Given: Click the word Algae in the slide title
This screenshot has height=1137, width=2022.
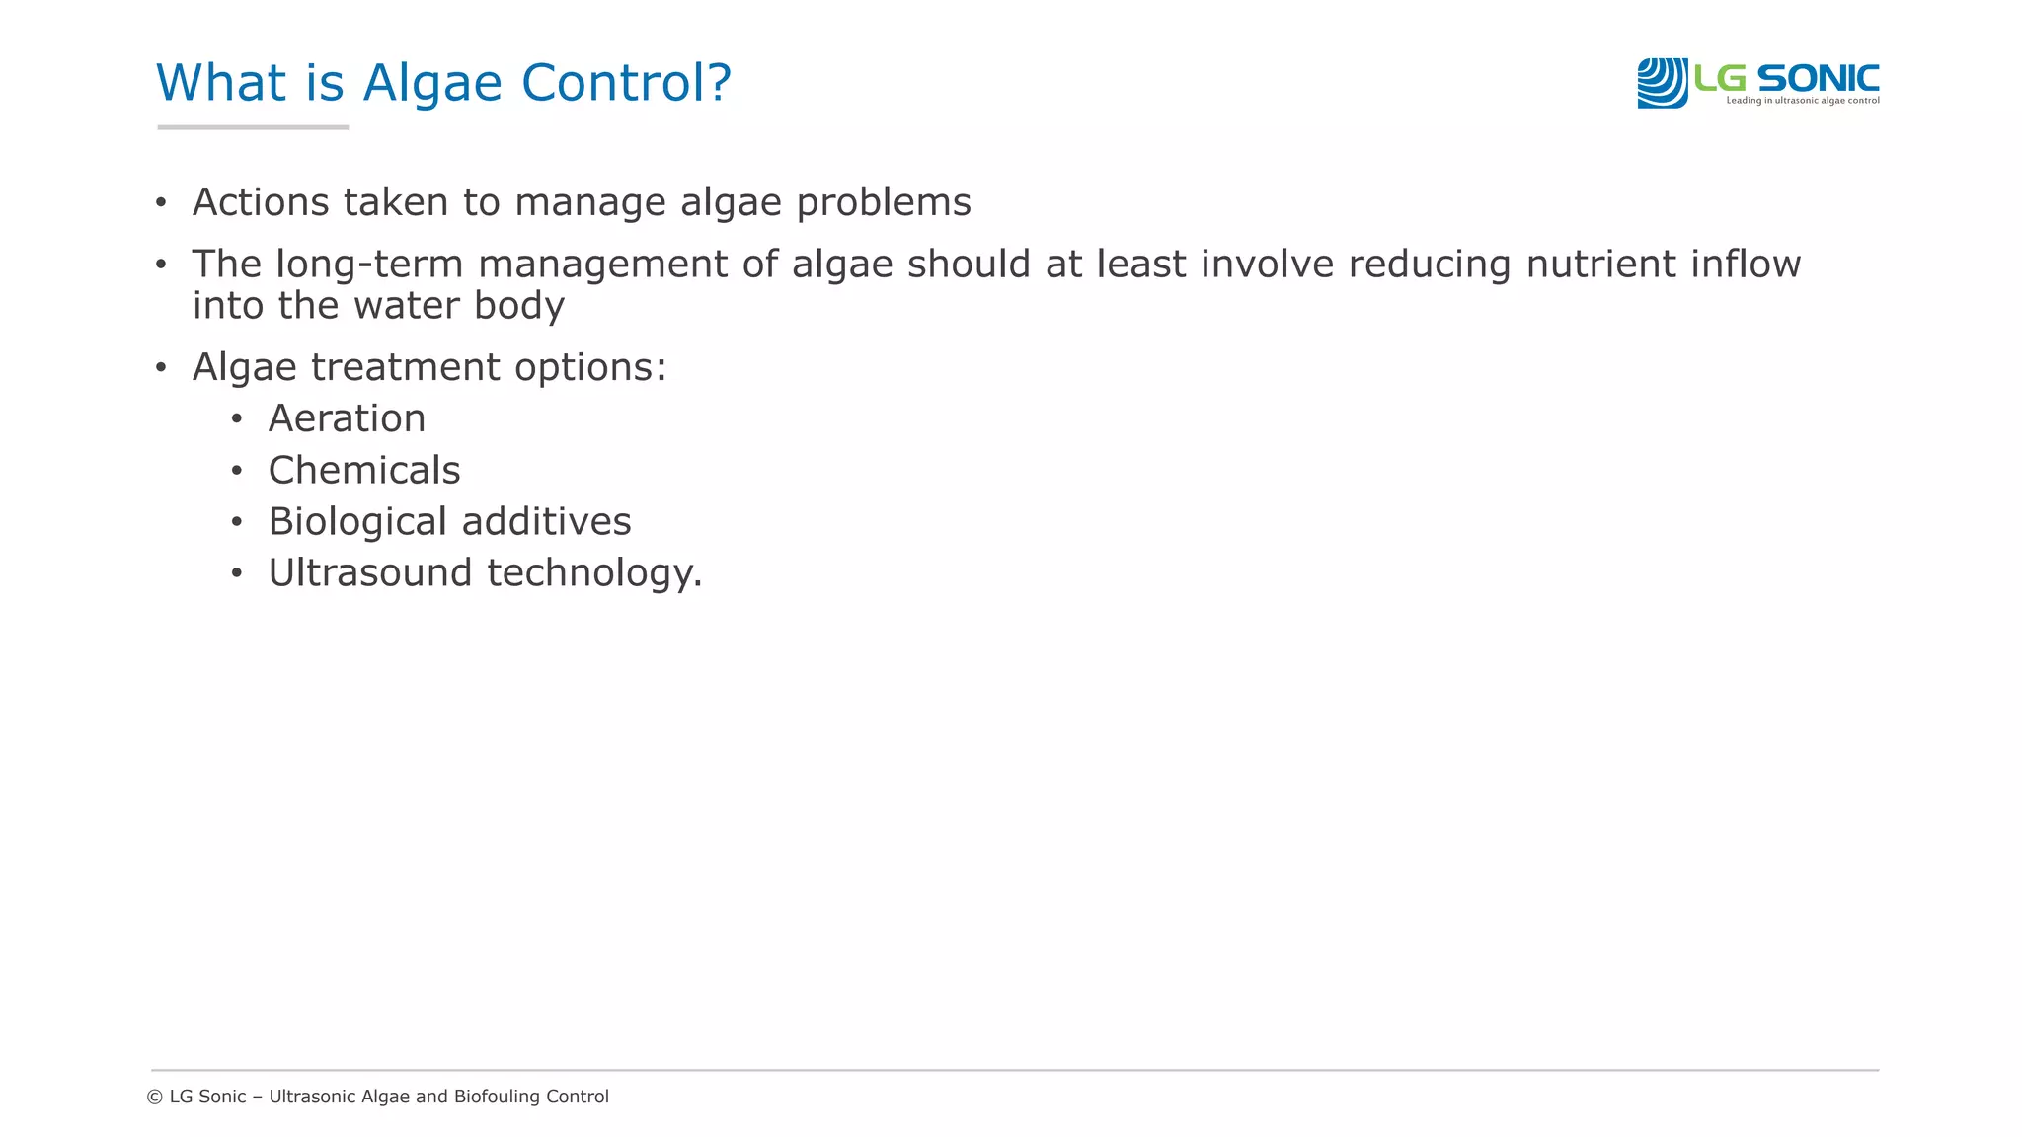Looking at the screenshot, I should coord(433,83).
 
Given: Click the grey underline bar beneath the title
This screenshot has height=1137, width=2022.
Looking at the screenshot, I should coord(253,127).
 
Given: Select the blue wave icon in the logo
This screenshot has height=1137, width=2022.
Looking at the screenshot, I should coord(1662,83).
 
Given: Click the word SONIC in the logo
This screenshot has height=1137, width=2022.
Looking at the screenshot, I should coord(1818,77).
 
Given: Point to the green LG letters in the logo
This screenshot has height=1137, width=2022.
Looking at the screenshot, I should coord(1720,77).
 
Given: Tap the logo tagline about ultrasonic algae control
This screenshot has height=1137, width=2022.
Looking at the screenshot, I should coord(1802,101).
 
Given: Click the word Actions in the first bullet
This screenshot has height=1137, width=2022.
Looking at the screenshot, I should coord(261,202).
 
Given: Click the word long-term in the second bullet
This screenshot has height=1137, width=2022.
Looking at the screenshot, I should coord(369,265).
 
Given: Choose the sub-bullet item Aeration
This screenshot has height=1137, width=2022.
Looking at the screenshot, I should coord(347,418).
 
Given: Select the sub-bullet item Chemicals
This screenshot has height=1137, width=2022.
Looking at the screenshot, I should coord(364,470).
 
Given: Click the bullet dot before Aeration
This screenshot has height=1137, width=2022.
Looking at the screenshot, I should coord(236,419).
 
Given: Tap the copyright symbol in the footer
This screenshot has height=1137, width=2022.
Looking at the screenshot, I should coord(155,1097).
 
